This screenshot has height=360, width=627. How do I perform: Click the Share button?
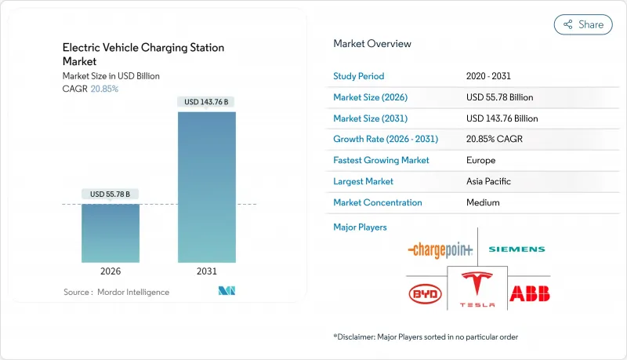[x=583, y=24]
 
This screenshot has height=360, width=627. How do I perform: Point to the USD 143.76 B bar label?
[x=207, y=101]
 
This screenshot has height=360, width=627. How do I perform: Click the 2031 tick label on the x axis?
[x=207, y=271]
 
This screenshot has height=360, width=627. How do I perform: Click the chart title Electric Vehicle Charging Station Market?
[x=143, y=54]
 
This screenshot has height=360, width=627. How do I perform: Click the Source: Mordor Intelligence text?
[x=116, y=292]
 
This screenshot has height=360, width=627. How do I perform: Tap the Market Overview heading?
[x=371, y=43]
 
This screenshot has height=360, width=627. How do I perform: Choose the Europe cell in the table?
[x=480, y=160]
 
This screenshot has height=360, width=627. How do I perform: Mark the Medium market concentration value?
[x=483, y=202]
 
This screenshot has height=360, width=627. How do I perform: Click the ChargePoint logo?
[x=440, y=249]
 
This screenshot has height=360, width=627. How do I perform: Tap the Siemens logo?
[x=516, y=249]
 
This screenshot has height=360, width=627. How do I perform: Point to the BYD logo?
[x=426, y=294]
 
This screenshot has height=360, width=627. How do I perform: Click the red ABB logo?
[x=530, y=294]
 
